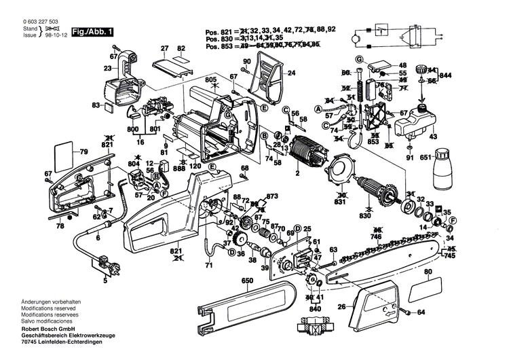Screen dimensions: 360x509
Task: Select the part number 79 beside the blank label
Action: tap(84, 151)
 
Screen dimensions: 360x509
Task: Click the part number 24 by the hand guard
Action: tap(291, 73)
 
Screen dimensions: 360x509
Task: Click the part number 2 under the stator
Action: tap(297, 174)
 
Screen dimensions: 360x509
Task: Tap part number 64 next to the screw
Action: tap(421, 312)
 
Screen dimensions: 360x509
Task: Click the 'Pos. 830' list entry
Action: tap(219, 39)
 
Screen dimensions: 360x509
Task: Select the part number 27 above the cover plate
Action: tap(164, 48)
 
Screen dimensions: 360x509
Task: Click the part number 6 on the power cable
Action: tap(97, 238)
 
